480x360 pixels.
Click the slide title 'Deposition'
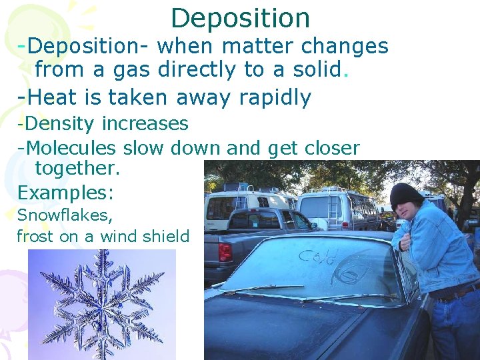click(x=240, y=17)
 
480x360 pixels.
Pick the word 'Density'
click(x=58, y=124)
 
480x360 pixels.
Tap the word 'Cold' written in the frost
click(x=317, y=255)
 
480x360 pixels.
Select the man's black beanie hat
click(x=406, y=195)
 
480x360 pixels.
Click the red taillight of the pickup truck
click(x=225, y=252)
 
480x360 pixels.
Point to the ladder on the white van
click(x=334, y=209)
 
